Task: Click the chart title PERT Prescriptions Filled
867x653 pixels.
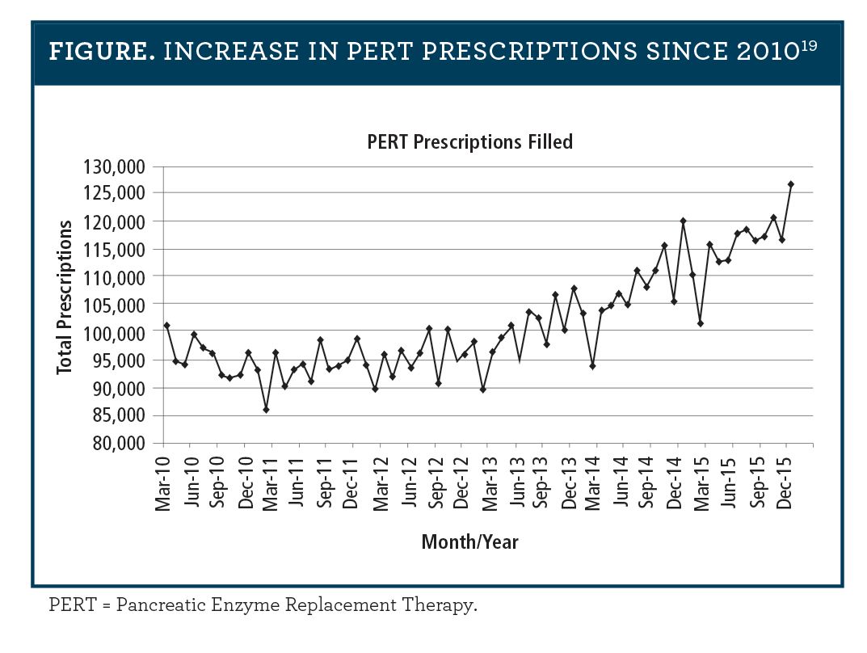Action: pyautogui.click(x=469, y=142)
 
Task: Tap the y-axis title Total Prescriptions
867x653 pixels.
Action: pyautogui.click(x=65, y=297)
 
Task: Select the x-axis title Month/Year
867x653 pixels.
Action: pyautogui.click(x=469, y=541)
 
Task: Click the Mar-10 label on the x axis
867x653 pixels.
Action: pyautogui.click(x=164, y=482)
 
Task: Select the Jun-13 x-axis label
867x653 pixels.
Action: pyautogui.click(x=516, y=482)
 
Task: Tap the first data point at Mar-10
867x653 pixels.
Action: pyautogui.click(x=166, y=325)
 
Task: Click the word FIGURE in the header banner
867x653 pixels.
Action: pyautogui.click(x=99, y=51)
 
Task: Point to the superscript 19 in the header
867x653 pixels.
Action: pyautogui.click(x=809, y=45)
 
